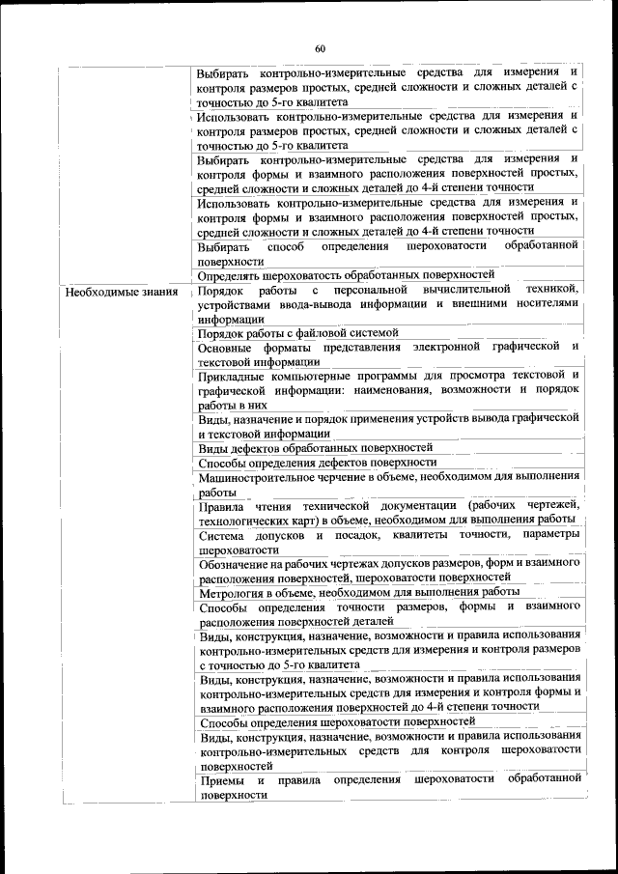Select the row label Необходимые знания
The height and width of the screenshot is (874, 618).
[121, 291]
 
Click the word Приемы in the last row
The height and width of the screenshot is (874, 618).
[222, 779]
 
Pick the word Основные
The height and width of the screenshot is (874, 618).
[231, 346]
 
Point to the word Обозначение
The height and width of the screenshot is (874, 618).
[243, 562]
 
